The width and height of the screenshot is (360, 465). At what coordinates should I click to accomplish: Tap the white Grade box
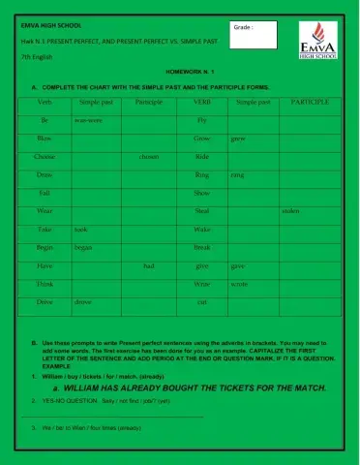point(254,35)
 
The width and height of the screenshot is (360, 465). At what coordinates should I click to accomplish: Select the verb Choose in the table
point(45,156)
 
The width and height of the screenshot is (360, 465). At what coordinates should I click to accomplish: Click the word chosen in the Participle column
point(149,156)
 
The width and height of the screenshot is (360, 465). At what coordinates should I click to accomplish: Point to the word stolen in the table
point(290,210)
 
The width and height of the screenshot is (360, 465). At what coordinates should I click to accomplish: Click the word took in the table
point(80,230)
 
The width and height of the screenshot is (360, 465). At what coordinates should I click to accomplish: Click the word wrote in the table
point(241,284)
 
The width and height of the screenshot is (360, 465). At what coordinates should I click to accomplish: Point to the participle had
point(149,265)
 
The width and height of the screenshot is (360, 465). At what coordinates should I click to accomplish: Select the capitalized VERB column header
point(202,101)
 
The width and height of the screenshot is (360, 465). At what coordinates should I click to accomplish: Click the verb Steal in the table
point(202,210)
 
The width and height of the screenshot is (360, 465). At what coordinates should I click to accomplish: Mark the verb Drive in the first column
point(45,301)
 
